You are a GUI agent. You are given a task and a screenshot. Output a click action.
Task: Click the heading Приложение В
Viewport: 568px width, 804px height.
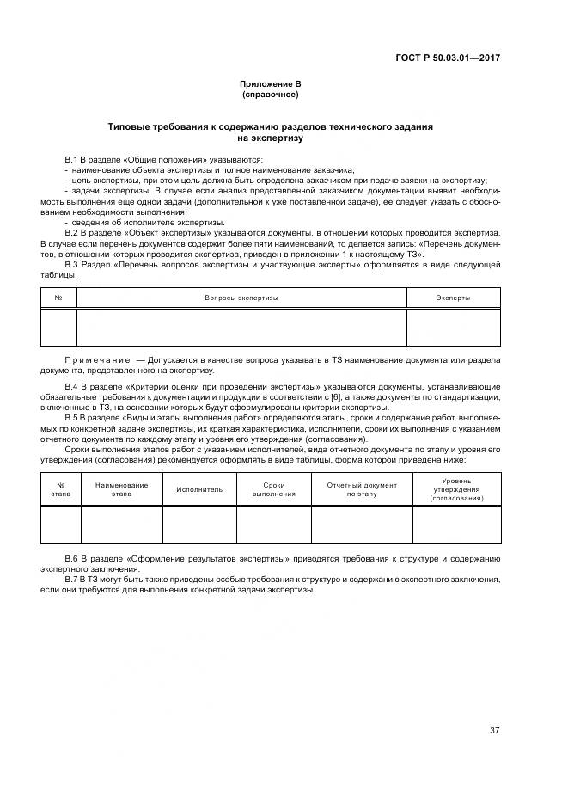coord(269,83)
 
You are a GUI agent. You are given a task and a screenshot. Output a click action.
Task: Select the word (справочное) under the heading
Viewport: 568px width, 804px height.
coord(269,94)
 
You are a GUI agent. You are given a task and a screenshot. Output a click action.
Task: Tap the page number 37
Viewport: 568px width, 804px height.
coord(494,731)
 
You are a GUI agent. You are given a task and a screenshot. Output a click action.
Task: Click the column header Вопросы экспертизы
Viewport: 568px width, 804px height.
coord(241,298)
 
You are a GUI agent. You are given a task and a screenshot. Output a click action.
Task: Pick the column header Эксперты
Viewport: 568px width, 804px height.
coord(453,298)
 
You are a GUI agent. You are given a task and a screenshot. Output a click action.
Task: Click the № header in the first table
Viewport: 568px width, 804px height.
coord(58,298)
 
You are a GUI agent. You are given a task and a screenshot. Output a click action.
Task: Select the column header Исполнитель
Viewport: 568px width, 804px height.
coord(199,489)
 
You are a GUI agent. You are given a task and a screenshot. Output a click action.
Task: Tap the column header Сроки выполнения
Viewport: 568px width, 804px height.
coord(273,489)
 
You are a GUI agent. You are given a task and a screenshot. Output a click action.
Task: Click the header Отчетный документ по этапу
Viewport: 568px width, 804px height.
coord(362,489)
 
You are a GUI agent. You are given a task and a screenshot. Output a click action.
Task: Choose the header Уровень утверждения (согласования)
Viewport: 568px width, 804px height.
coord(456,489)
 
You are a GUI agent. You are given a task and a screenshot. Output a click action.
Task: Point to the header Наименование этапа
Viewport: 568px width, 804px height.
coord(121,489)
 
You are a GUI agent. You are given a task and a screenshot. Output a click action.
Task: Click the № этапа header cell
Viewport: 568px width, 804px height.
coord(60,489)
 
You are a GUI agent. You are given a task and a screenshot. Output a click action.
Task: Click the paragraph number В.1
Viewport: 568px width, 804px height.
coord(71,161)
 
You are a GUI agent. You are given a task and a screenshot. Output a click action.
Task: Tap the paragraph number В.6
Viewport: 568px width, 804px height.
coord(71,560)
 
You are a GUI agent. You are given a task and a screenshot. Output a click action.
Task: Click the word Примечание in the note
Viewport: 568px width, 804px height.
coord(94,359)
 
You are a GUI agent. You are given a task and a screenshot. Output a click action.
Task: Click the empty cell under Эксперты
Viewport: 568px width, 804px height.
coord(453,328)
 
